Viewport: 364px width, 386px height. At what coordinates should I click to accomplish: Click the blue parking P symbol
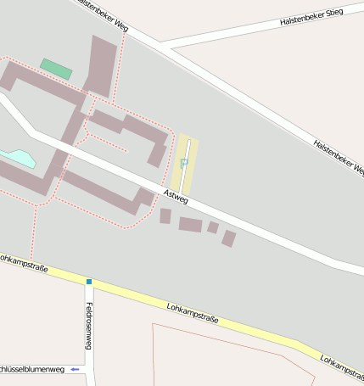pos(184,162)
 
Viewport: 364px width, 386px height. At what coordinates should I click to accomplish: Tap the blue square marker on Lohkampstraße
pos(88,281)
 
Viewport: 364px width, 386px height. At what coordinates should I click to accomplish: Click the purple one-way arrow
pos(76,370)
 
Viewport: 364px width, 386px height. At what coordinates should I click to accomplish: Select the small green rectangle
pos(56,69)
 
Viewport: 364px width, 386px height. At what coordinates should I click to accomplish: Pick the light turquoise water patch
pos(18,158)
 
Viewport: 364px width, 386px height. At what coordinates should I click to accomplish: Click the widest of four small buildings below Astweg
pos(191,224)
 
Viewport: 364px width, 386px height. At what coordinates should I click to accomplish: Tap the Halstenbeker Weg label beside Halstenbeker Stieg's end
pos(338,157)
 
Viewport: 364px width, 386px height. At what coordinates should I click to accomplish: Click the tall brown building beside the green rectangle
pos(101,64)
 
